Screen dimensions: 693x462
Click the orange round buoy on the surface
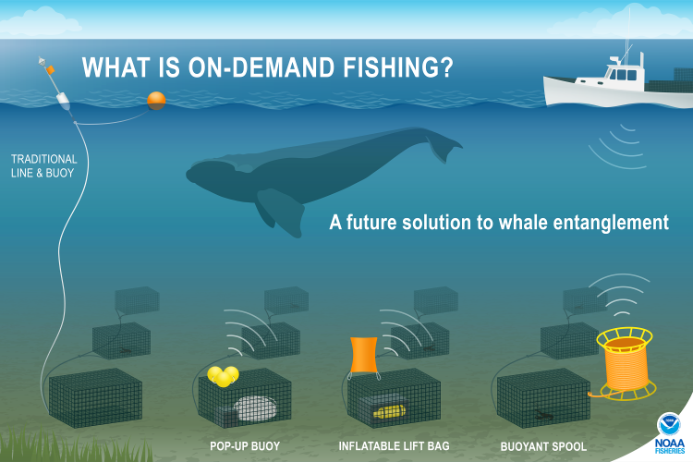[x=156, y=101]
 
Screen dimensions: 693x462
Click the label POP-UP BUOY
[x=245, y=446]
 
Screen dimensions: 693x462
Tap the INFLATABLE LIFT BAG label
[x=394, y=446]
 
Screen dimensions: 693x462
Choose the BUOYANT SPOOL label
[x=543, y=446]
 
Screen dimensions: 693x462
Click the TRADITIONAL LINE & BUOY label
[x=43, y=165]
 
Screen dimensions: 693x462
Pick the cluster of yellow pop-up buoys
[x=224, y=376]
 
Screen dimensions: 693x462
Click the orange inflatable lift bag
[x=364, y=355]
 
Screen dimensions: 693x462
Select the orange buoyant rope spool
[x=624, y=363]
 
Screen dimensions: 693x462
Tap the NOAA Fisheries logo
[x=670, y=432]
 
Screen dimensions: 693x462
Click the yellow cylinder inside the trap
[x=389, y=412]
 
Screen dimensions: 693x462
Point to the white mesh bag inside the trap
[x=255, y=408]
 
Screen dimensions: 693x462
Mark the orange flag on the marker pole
[x=51, y=70]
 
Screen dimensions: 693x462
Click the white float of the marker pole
[x=63, y=102]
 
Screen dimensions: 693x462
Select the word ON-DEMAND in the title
[x=261, y=67]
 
